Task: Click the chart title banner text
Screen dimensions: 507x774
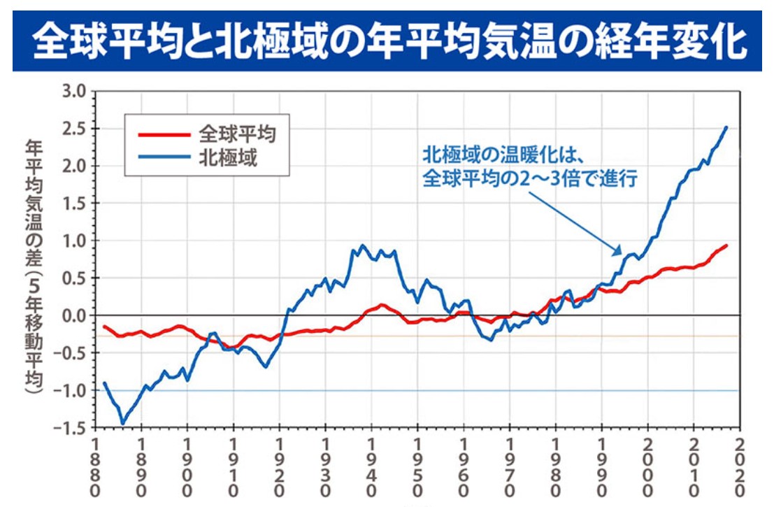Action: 387,41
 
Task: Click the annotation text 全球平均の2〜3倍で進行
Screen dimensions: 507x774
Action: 529,178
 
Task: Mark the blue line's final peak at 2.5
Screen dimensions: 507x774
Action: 726,127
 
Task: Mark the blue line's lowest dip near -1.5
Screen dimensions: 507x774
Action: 123,423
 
